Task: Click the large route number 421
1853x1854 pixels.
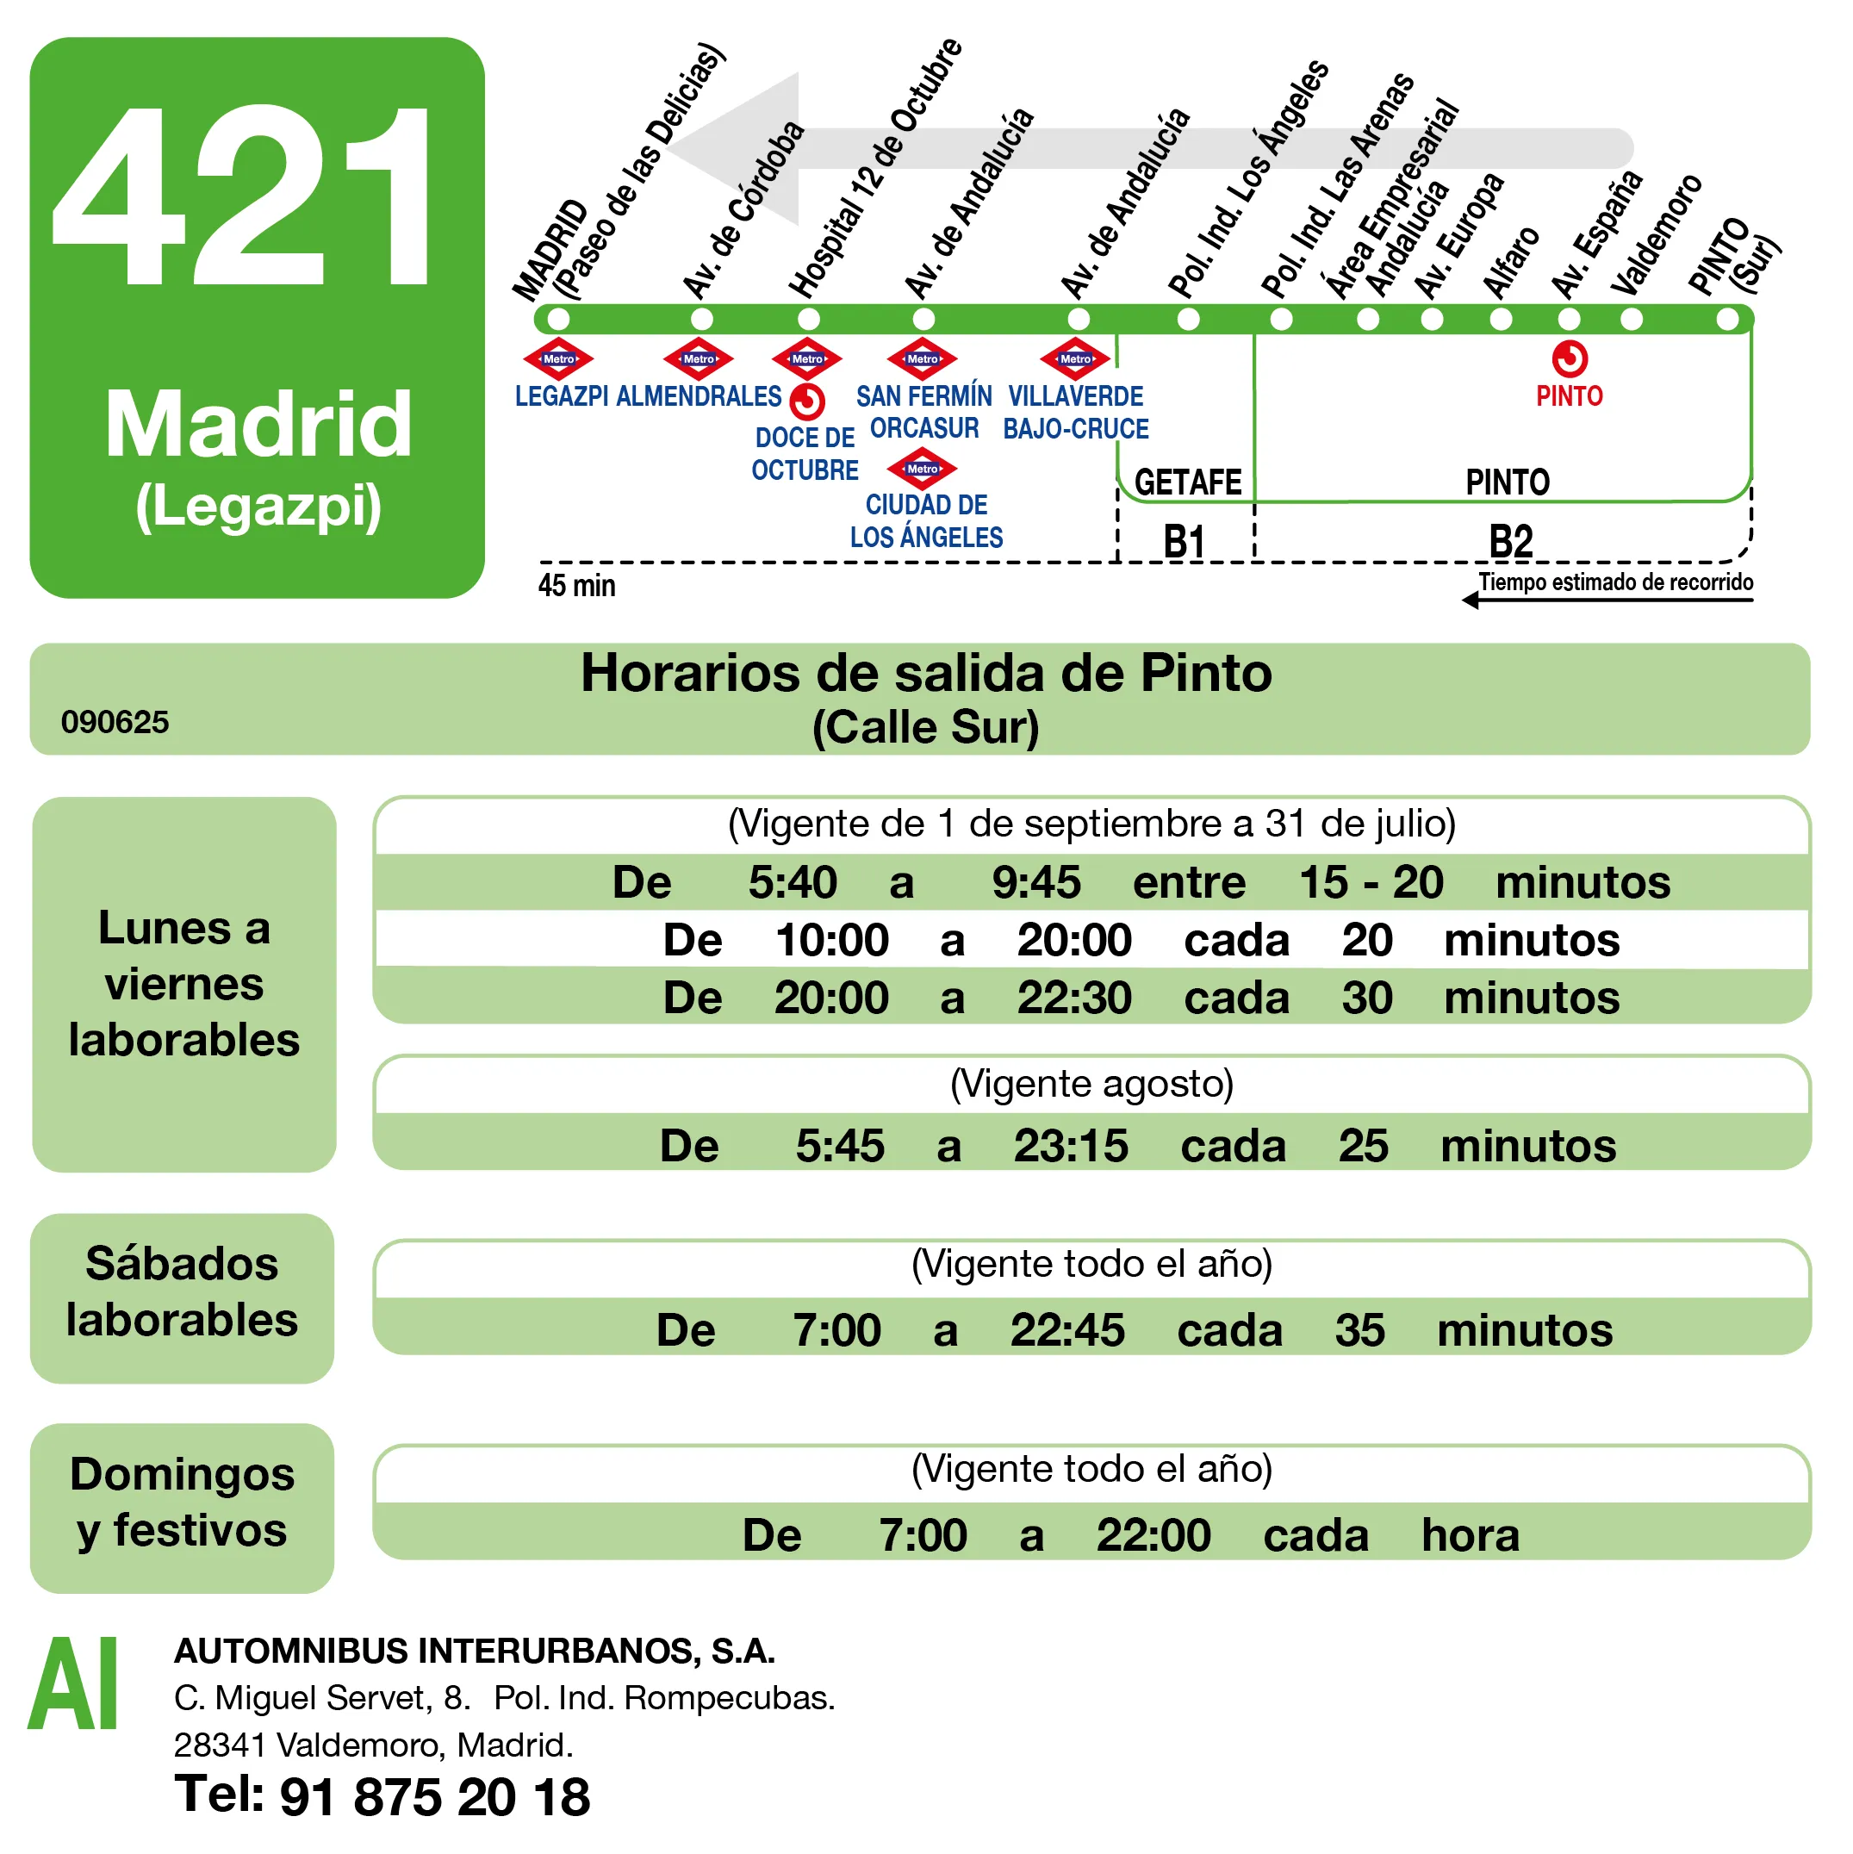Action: click(246, 196)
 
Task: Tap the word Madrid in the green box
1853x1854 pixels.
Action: click(258, 424)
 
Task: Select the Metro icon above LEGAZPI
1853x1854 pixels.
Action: click(558, 360)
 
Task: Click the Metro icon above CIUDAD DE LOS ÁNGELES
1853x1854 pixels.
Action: click(922, 470)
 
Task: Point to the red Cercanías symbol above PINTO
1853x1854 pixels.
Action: click(1570, 360)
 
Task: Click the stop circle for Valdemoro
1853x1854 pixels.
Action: click(1632, 320)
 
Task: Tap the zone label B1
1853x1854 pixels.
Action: click(1185, 541)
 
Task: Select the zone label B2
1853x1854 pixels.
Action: click(1510, 541)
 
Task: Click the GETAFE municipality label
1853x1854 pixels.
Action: click(1188, 482)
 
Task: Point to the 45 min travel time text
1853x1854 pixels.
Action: click(576, 585)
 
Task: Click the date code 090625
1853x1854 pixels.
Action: click(115, 722)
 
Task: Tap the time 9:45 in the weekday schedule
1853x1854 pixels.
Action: click(1035, 882)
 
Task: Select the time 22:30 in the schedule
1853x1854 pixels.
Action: click(1073, 998)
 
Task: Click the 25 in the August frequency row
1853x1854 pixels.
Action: click(1363, 1146)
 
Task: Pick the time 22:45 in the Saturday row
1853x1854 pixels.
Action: click(1067, 1330)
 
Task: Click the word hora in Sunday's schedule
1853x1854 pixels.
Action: click(1471, 1535)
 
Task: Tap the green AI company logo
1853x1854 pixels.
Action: click(74, 1684)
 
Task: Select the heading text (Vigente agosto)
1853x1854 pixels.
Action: click(1091, 1084)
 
